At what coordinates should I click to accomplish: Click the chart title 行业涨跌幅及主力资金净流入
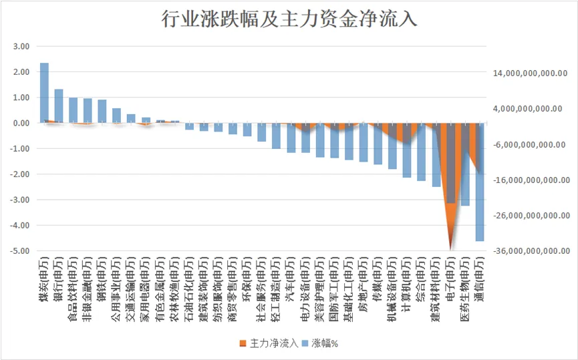click(x=289, y=19)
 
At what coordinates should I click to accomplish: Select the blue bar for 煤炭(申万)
click(x=44, y=93)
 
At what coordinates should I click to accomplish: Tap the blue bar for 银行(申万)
click(x=59, y=106)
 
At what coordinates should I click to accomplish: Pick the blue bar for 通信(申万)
click(x=480, y=182)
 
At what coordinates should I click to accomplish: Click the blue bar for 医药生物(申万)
click(x=465, y=164)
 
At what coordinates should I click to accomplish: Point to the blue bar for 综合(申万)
click(x=422, y=152)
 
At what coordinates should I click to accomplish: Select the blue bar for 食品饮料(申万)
click(x=73, y=110)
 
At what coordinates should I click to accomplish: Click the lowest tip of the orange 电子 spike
click(x=450, y=250)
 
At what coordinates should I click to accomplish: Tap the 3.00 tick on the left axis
click(x=21, y=47)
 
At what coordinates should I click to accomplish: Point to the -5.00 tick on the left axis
click(x=21, y=251)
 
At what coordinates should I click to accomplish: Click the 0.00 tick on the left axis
click(x=21, y=123)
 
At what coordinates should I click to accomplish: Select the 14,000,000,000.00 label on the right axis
click(x=530, y=73)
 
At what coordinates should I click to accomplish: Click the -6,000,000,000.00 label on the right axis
click(x=529, y=145)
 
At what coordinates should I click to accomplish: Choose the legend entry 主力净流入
click(x=269, y=343)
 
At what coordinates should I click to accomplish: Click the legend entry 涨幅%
click(x=319, y=343)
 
